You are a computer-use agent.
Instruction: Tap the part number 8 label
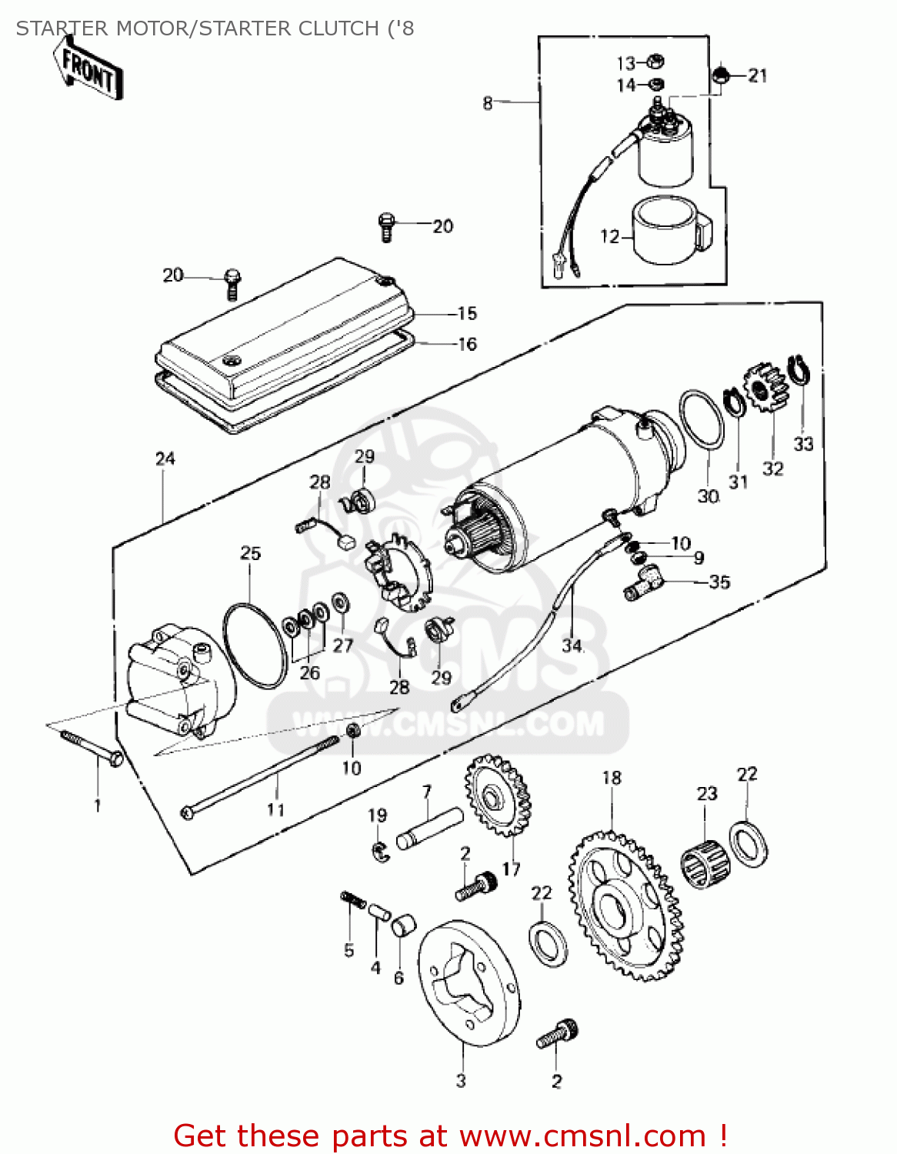pyautogui.click(x=488, y=102)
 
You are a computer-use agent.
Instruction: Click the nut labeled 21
pyautogui.click(x=722, y=75)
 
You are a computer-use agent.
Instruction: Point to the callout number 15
pyautogui.click(x=467, y=314)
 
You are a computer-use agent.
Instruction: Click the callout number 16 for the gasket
pyautogui.click(x=467, y=344)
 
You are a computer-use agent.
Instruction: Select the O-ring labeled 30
pyautogui.click(x=701, y=419)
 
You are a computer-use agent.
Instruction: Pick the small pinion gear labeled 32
pyautogui.click(x=765, y=389)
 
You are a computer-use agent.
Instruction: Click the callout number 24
pyautogui.click(x=165, y=459)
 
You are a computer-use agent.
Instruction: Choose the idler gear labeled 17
pyautogui.click(x=499, y=796)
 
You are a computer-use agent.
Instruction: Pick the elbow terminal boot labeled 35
pyautogui.click(x=643, y=581)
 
